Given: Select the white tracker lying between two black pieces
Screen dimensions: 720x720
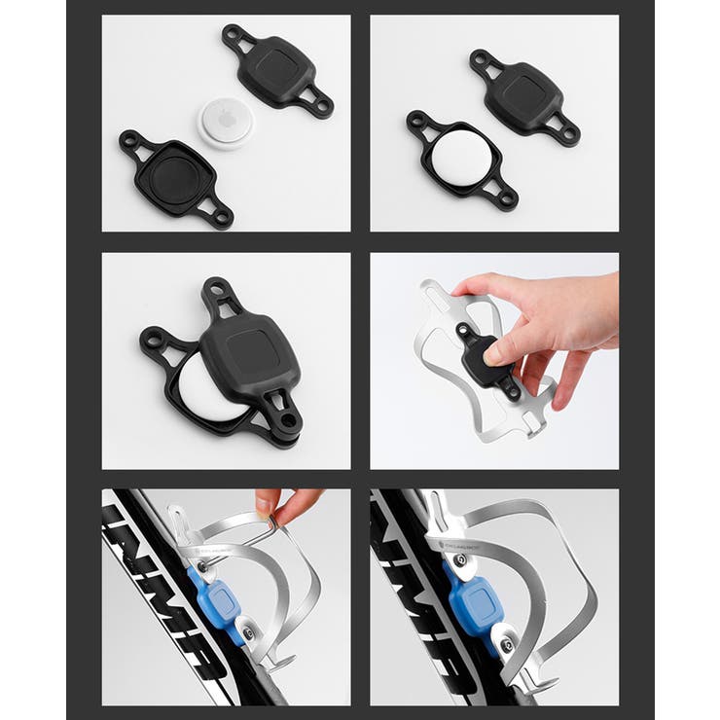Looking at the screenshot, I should tap(226, 124).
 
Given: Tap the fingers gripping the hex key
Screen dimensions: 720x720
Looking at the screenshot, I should tap(276, 504).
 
